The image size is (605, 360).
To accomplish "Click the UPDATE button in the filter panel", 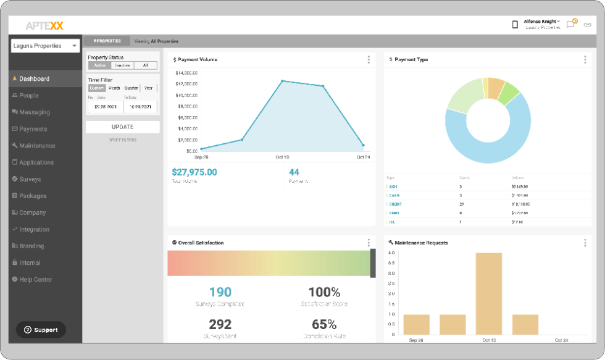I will tap(122, 127).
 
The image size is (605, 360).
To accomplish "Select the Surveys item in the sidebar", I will tap(30, 179).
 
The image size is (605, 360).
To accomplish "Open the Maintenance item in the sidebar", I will tap(36, 146).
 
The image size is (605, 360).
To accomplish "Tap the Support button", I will tap(41, 330).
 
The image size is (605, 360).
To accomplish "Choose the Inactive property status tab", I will tap(122, 65).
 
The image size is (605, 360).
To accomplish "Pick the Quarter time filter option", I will tap(131, 88).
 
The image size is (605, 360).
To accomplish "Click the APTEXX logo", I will tap(44, 25).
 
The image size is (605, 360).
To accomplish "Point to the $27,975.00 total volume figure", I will tap(194, 172).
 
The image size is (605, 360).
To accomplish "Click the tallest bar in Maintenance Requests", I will tap(488, 293).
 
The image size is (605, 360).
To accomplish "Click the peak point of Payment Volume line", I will tap(283, 81).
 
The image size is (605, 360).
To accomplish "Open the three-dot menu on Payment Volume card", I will tap(369, 60).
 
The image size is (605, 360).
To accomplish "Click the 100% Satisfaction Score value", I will tap(324, 292).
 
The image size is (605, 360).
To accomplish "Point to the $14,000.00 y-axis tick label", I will tap(186, 73).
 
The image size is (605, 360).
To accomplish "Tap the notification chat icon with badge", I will tap(571, 25).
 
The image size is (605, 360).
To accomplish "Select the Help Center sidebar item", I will tap(35, 280).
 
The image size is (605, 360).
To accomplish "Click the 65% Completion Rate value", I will tap(324, 324).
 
